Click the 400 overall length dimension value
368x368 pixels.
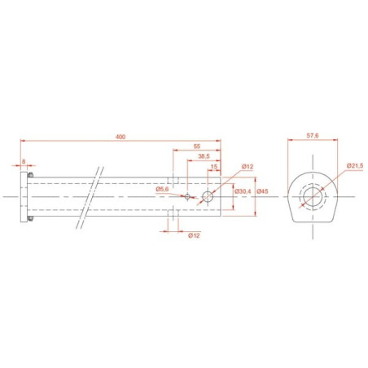[x=120, y=137]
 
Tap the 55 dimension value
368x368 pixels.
[x=197, y=147]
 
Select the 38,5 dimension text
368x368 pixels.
[x=204, y=156]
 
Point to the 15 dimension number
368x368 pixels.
[x=214, y=166]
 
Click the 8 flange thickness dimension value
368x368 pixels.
[x=24, y=162]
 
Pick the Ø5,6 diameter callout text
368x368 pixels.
[x=162, y=190]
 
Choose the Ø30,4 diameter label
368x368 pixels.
[x=243, y=191]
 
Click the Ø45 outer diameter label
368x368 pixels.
[x=262, y=191]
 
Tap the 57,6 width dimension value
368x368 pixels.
[x=313, y=135]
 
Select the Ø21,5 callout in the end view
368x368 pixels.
[x=355, y=166]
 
